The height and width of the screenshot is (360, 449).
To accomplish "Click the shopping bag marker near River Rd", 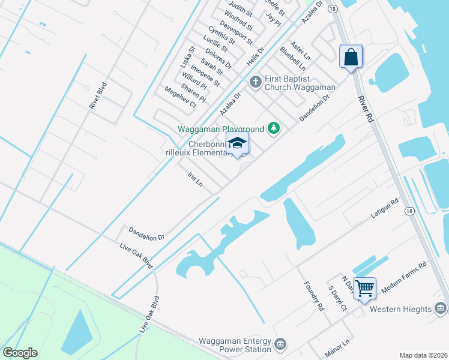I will pyautogui.click(x=351, y=58).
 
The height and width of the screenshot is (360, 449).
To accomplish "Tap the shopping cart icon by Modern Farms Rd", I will pyautogui.click(x=364, y=289).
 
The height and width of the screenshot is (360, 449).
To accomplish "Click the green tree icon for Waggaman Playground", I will pyautogui.click(x=274, y=127).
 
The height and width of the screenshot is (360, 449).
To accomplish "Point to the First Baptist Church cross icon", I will pyautogui.click(x=255, y=81).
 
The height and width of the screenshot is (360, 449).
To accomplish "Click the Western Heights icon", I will pyautogui.click(x=440, y=308).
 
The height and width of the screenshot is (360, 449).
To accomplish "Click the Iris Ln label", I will pyautogui.click(x=195, y=180).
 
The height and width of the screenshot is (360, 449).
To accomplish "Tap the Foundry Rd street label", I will pyautogui.click(x=313, y=296).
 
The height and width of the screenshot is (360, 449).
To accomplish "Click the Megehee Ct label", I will pyautogui.click(x=180, y=97).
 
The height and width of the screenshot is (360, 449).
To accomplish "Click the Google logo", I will pyautogui.click(x=20, y=353).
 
